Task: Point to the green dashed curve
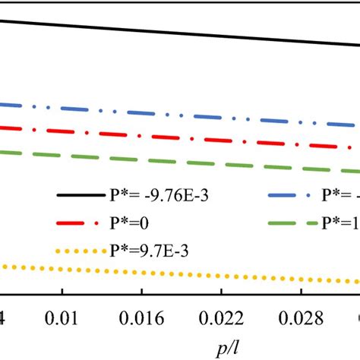coord(182,159)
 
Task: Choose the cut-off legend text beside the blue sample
coord(345,197)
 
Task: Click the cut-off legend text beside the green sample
coord(345,224)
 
